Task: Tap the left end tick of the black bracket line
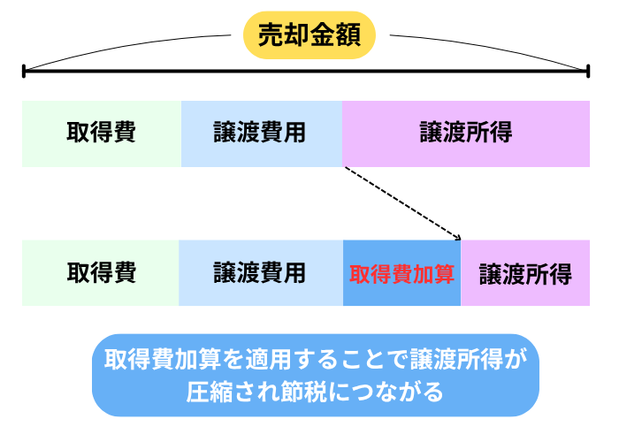pyautogui.click(x=24, y=70)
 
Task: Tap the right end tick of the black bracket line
pyautogui.click(x=588, y=70)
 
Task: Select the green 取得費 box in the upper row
pyautogui.click(x=102, y=133)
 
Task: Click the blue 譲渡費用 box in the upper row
pyautogui.click(x=262, y=133)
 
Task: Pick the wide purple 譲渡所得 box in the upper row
pyautogui.click(x=466, y=133)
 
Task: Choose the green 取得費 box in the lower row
pyautogui.click(x=101, y=273)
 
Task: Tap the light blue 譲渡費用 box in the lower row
pyautogui.click(x=261, y=273)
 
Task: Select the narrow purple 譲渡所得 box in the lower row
pyautogui.click(x=525, y=273)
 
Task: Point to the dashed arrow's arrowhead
pyautogui.click(x=459, y=237)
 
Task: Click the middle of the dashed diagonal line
pyautogui.click(x=402, y=202)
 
